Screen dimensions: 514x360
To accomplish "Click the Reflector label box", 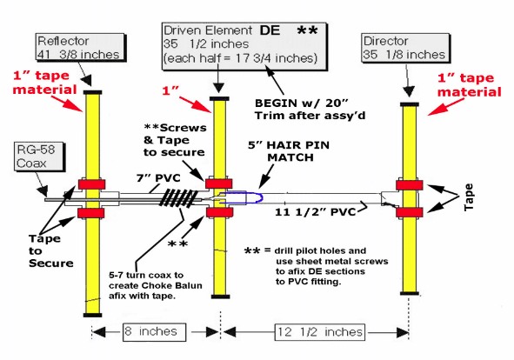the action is [80, 48].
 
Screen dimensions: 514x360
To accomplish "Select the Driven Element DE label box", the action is [244, 46].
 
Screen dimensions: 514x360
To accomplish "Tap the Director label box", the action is [405, 48].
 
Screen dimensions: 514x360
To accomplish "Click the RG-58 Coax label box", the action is [39, 157].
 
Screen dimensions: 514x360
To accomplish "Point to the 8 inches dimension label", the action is [155, 332].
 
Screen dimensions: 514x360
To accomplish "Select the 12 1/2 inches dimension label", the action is [320, 332].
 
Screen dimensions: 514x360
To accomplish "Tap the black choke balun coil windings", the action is [178, 198].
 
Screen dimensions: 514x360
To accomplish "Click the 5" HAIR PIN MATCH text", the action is [289, 151].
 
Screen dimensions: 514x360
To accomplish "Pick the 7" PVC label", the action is [158, 178].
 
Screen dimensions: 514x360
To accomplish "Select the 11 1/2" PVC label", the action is [315, 212].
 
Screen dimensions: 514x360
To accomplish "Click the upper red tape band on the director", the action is [409, 185].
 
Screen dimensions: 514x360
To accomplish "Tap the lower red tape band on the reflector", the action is [90, 213].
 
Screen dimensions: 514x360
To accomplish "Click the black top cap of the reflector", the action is [93, 92].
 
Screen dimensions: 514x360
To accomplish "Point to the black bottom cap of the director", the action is [410, 293].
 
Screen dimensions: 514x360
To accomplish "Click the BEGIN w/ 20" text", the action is [301, 103].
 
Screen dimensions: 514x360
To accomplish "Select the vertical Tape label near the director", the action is [469, 197].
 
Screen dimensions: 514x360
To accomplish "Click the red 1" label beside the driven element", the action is [170, 90].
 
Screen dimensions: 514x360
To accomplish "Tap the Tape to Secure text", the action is [50, 250].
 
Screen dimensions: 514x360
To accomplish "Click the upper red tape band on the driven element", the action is [218, 183].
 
